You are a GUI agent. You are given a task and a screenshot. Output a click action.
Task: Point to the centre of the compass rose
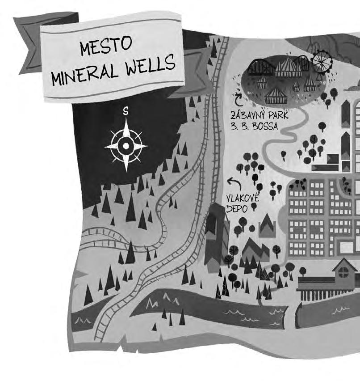[126, 146]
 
